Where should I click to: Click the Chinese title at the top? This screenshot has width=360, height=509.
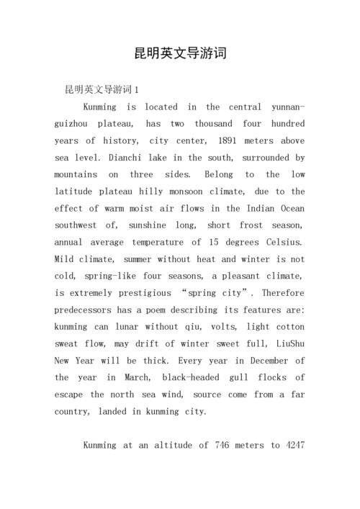(180, 53)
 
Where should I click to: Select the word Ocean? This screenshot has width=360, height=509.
(291, 208)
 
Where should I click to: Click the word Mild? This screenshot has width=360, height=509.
(65, 259)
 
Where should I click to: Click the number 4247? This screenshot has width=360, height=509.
(294, 445)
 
